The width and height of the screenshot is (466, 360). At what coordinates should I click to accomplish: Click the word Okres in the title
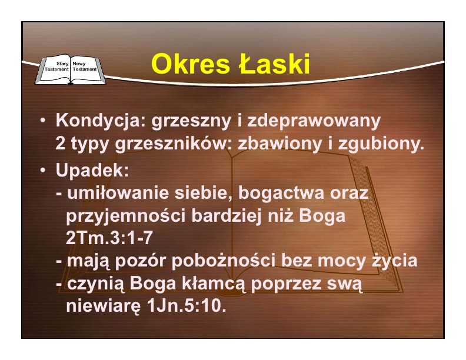click(190, 64)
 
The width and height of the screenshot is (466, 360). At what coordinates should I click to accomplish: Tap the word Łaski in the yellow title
click(275, 64)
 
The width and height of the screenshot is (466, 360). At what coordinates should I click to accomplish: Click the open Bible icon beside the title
click(71, 69)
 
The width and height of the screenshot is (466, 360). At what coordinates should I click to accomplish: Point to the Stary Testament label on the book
click(56, 66)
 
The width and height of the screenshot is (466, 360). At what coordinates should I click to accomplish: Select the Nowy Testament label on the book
click(85, 66)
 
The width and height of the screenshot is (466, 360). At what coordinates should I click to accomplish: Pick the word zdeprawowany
click(314, 122)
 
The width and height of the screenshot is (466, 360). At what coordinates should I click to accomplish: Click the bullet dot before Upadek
click(43, 170)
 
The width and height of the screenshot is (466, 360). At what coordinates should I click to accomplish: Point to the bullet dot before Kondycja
click(43, 121)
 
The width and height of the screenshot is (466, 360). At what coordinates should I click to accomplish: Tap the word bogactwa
click(281, 193)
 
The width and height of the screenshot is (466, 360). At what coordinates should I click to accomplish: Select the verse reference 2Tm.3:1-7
click(109, 238)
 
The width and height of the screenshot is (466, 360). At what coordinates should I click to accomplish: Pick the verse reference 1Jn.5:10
click(187, 306)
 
